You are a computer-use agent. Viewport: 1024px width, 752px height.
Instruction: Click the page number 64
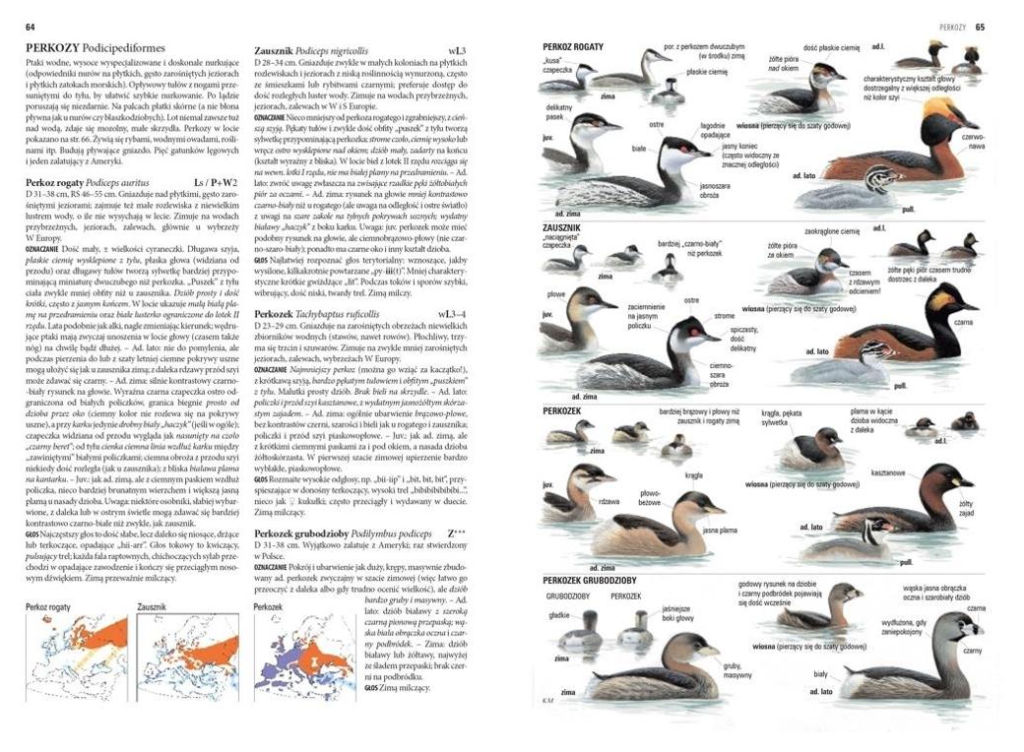point(31,27)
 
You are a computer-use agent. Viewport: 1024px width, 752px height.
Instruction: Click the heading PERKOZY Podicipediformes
point(95,47)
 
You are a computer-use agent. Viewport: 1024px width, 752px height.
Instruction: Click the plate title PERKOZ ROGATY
point(573,46)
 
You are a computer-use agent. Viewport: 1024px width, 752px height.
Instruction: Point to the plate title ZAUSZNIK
point(562,227)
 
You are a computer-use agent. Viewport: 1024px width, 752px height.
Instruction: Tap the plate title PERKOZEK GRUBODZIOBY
point(588,580)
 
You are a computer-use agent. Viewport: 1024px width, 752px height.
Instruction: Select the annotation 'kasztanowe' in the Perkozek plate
point(887,472)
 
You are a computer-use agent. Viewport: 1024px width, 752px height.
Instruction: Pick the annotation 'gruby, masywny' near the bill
point(737,670)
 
